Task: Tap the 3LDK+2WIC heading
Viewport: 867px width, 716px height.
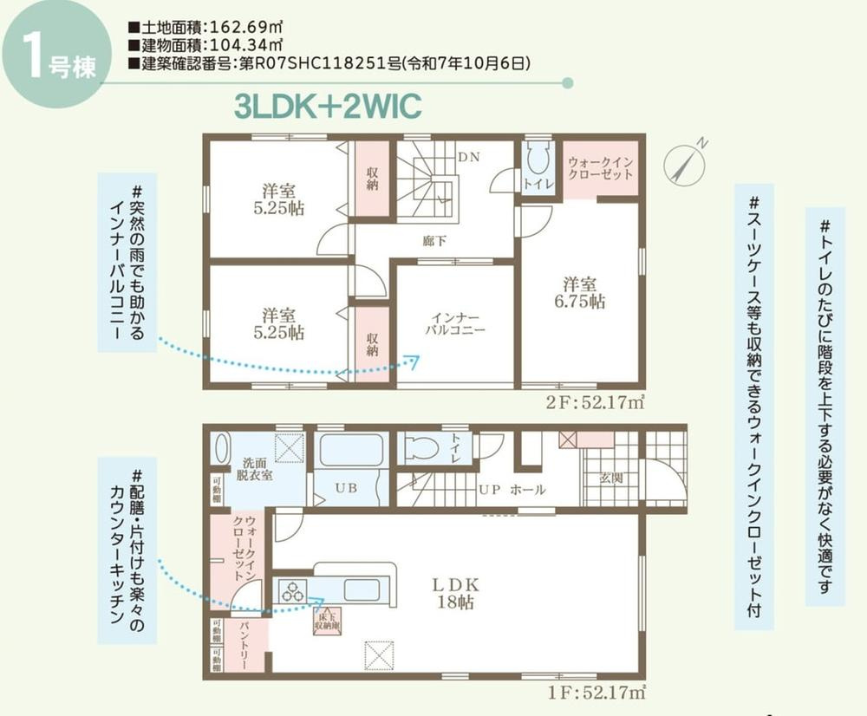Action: point(328,106)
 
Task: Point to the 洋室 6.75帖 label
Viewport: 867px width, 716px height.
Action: point(583,292)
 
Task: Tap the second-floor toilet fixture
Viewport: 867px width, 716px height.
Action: point(538,162)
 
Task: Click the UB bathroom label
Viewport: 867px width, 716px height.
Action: point(346,488)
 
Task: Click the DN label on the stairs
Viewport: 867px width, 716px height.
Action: point(468,157)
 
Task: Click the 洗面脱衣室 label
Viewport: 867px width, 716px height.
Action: point(258,469)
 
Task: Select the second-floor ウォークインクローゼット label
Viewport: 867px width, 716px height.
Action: point(601,167)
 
